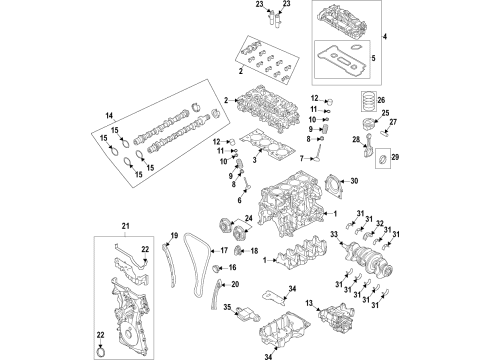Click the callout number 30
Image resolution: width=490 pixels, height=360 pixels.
[x=351, y=180]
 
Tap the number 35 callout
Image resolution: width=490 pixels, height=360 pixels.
[x=228, y=308]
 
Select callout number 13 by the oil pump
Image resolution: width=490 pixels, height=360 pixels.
[x=311, y=303]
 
